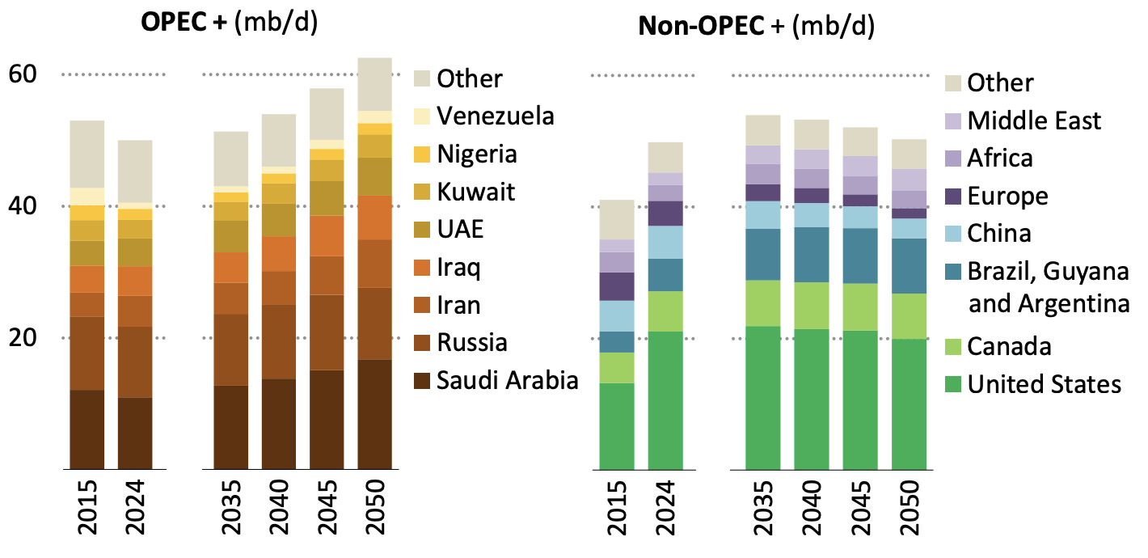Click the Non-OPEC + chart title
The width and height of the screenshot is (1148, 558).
756,27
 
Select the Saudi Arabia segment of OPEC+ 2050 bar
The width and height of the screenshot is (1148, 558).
374,414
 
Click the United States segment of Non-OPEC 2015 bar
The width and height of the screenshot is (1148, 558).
616,425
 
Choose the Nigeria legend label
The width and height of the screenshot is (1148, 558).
477,154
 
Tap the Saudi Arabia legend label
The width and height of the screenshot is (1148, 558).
507,380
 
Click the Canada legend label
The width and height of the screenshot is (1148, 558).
1009,347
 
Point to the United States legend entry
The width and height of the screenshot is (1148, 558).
1032,384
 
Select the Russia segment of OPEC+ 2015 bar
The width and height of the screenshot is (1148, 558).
87,353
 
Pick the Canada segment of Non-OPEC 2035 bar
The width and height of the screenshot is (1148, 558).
762,303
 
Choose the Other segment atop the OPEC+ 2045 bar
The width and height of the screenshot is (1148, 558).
327,114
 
